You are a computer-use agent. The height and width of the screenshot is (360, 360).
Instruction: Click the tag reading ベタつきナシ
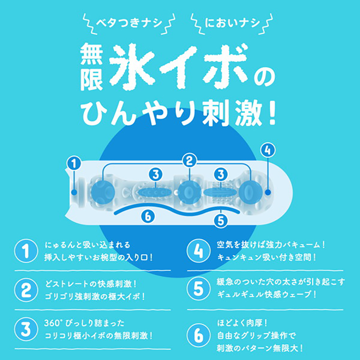(x=129, y=23)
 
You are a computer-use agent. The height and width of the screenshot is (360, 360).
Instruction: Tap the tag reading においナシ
(x=232, y=23)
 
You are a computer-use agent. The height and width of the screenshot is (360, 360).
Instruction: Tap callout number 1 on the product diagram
(x=74, y=164)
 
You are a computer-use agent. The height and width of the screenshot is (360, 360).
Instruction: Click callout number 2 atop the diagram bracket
(x=189, y=161)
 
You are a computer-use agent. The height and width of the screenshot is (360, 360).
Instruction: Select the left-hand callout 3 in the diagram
(x=156, y=175)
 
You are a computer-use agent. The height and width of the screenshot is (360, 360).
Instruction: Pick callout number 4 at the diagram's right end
(x=268, y=150)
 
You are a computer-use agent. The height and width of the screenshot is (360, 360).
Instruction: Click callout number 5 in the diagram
(x=220, y=221)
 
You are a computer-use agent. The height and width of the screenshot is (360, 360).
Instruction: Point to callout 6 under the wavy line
(x=148, y=216)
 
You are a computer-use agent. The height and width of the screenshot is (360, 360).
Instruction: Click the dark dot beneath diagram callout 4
(x=268, y=192)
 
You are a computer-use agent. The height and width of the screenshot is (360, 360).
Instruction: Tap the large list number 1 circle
(x=26, y=251)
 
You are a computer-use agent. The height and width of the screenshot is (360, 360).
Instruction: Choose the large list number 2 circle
(x=26, y=290)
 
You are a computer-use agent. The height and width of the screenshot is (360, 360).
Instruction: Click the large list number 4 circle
(x=199, y=251)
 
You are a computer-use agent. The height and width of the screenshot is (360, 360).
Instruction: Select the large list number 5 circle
(x=199, y=289)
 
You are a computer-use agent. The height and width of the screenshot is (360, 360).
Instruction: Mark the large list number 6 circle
(x=199, y=335)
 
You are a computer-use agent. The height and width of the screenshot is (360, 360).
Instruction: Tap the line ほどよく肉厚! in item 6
(x=242, y=323)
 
